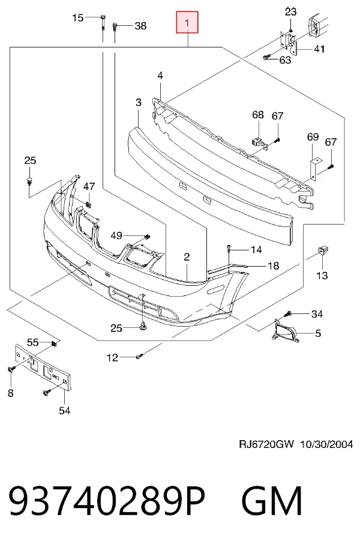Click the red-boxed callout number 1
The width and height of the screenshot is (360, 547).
point(187,23)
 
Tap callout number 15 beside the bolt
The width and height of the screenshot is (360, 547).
point(78,17)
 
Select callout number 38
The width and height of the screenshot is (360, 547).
point(140,26)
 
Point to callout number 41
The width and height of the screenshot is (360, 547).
point(319,49)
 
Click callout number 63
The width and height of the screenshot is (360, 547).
point(285,60)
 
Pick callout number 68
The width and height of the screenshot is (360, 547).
point(258,115)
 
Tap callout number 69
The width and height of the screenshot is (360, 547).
point(313,136)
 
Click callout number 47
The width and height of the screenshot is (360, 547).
point(89,186)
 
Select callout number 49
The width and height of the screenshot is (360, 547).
point(116,236)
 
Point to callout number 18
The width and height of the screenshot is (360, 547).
point(274,266)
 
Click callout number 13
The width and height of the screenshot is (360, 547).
point(322,276)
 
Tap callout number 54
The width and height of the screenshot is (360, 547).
point(64,411)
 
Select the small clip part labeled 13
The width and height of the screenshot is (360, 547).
point(322,250)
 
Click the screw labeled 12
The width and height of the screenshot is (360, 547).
point(139,357)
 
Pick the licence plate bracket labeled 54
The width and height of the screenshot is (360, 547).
point(42,367)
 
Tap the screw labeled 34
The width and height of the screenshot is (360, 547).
point(288,314)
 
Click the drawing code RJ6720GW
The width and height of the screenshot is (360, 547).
point(266,444)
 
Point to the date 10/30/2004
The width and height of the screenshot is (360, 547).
point(326,444)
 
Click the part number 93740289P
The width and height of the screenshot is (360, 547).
point(107,501)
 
